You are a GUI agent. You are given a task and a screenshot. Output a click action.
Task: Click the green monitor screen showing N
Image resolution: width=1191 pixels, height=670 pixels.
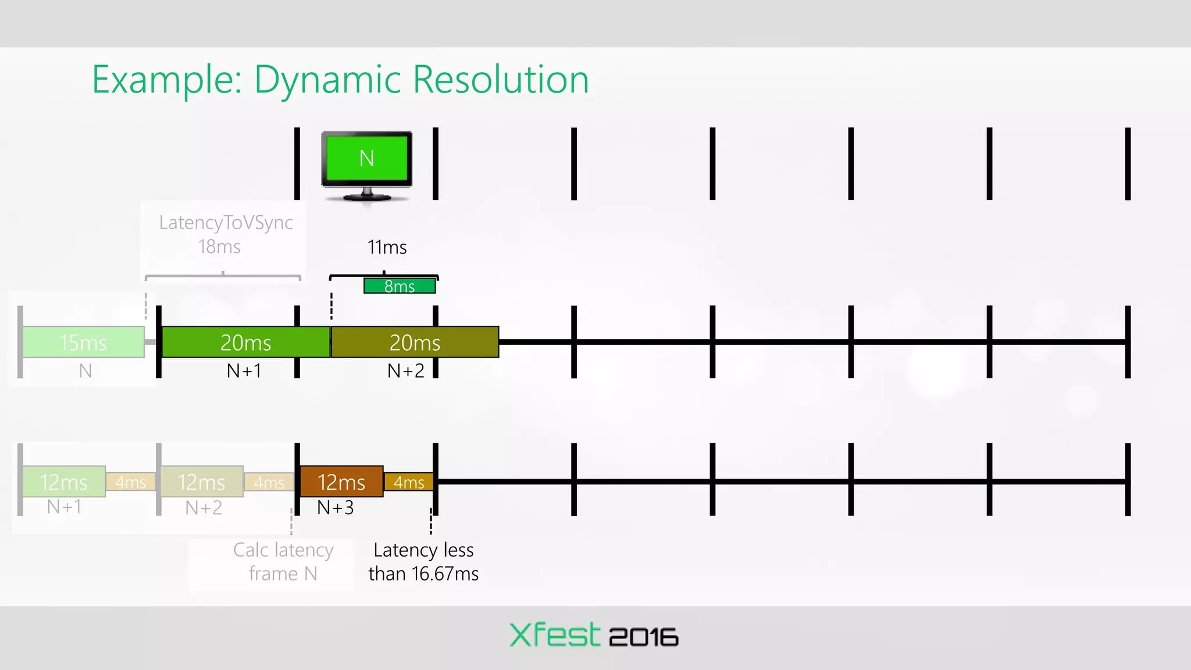point(366,158)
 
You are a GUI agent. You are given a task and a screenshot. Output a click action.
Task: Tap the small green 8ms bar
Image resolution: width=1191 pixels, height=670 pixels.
point(400,286)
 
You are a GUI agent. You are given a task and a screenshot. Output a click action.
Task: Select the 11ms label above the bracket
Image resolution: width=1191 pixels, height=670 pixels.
point(387,247)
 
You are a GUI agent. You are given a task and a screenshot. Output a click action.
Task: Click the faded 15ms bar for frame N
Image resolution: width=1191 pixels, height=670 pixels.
point(83,342)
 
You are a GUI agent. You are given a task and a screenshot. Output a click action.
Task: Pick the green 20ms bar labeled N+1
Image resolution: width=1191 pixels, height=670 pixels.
point(245,342)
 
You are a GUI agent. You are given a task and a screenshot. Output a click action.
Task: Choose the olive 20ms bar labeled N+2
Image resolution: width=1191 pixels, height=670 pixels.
point(415,342)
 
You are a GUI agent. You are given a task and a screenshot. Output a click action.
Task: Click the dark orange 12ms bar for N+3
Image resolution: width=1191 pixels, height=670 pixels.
point(341,482)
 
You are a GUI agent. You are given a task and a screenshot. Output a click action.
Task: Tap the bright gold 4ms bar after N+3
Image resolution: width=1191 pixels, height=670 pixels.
point(409,482)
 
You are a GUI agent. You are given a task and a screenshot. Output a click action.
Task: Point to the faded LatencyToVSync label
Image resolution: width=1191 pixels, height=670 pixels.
point(226,223)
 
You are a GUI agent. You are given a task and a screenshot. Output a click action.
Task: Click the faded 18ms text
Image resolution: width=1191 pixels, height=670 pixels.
point(219,247)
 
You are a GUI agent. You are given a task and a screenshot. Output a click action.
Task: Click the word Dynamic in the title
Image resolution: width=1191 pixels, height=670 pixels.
point(327,80)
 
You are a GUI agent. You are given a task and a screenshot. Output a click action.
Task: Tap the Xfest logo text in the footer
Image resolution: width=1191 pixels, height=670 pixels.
point(554,635)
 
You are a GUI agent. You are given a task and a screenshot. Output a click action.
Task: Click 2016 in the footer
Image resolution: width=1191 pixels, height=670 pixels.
point(643,637)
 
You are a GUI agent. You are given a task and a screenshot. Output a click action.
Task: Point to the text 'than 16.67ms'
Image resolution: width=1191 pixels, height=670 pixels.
point(423,574)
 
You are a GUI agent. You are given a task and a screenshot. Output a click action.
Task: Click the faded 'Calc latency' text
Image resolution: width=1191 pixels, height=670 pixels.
point(283,550)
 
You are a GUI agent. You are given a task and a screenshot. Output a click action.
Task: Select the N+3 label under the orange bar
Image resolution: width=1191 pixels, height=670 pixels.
point(336,508)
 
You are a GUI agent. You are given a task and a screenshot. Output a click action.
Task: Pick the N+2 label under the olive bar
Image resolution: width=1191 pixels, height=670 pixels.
point(406,370)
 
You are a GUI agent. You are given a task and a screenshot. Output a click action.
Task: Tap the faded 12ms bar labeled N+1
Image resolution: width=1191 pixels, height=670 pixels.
point(64,482)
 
